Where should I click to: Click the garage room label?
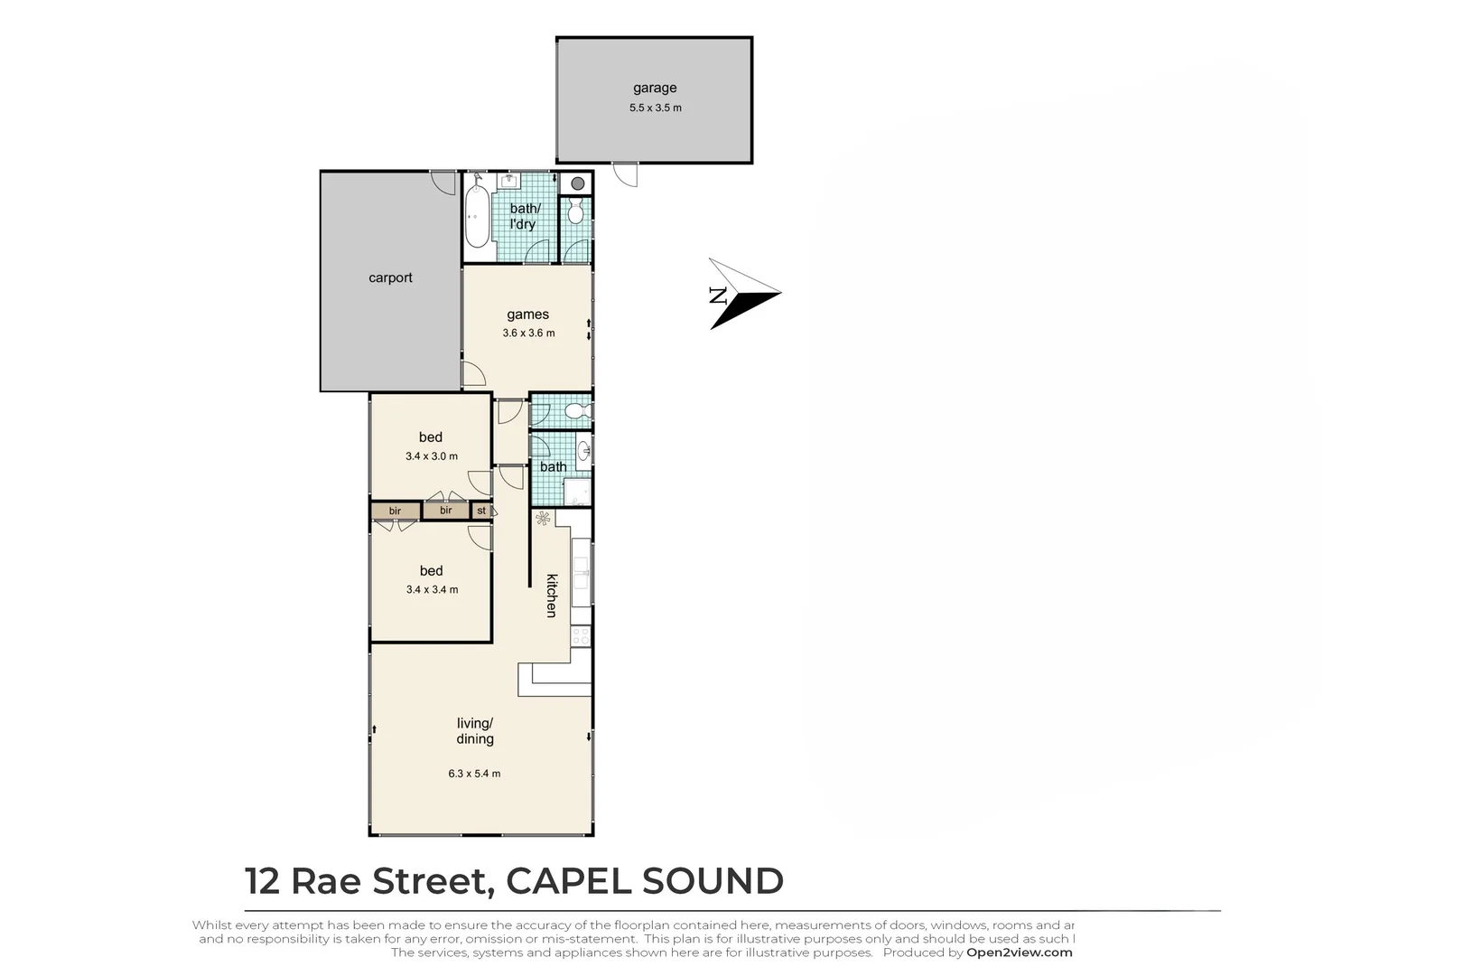point(655,88)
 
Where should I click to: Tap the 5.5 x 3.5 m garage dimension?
point(655,108)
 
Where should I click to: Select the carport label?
point(390,277)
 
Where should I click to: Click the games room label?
point(528,314)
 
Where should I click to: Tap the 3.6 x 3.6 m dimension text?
point(528,333)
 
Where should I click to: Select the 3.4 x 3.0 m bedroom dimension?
point(432,456)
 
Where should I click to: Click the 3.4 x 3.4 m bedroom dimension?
point(432,589)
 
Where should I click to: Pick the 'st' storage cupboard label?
point(481,511)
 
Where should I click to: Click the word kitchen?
point(551,596)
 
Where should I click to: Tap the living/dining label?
point(475,731)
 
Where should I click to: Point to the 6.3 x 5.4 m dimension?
point(474,774)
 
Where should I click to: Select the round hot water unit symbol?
point(577,183)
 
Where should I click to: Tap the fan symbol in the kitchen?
point(543,519)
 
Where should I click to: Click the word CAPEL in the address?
point(568,881)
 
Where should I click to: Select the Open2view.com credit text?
point(1020,952)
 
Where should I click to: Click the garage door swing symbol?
point(625,174)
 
